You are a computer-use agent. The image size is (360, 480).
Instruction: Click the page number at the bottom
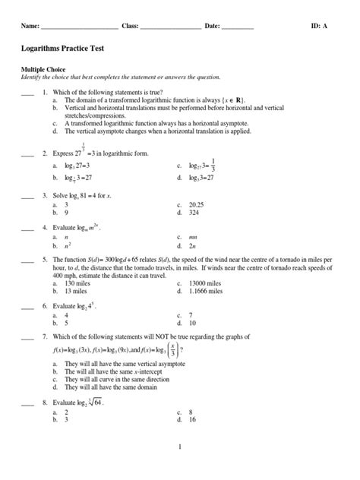coord(180,447)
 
